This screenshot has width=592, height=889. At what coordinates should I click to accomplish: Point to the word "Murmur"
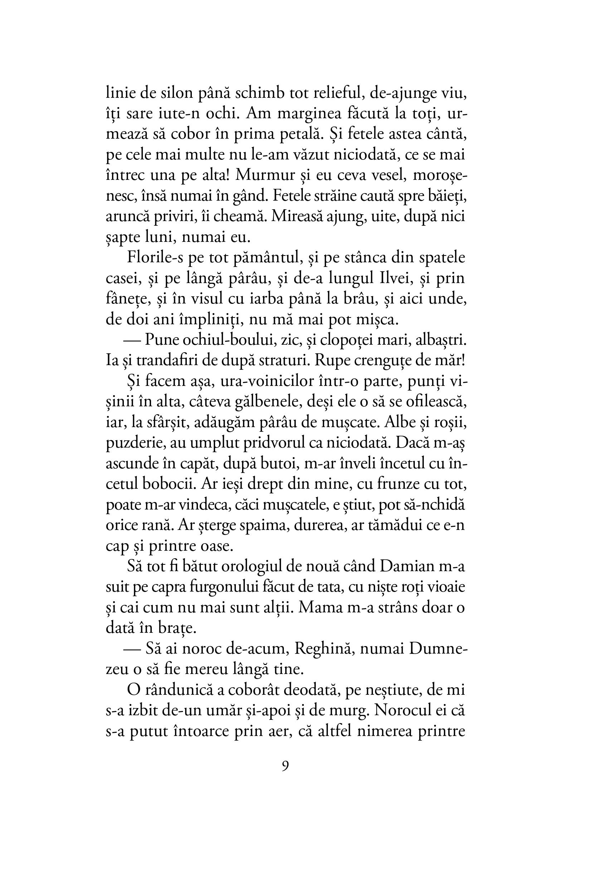[x=265, y=176]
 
